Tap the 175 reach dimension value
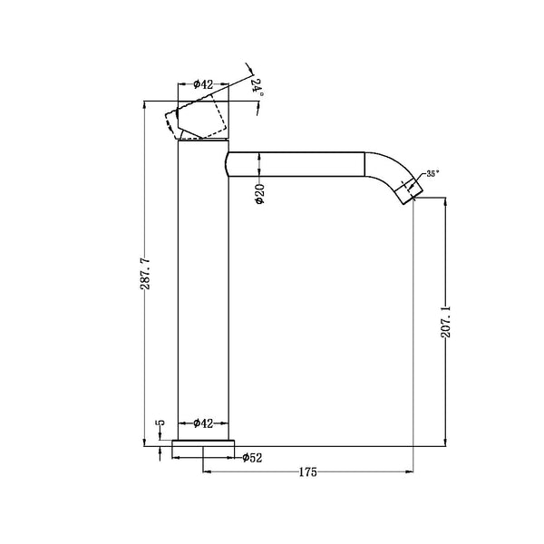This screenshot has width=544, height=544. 309,472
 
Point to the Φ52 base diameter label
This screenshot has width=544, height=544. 252,458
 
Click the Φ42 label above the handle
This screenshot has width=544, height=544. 204,84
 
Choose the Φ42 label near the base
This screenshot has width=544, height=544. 204,423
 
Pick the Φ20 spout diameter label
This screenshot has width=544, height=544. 259,193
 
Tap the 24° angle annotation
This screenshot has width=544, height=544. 257,87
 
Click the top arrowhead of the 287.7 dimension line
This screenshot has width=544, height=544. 144,105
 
